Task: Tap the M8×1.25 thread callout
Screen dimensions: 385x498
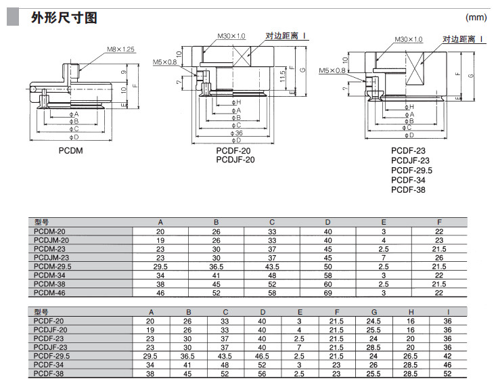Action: tap(121, 49)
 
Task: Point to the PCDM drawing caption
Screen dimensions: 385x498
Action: tap(70, 150)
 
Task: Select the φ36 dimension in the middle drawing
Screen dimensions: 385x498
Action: tap(237, 133)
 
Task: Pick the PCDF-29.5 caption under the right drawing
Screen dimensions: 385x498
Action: tap(411, 170)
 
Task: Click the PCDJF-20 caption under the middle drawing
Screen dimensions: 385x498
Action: tap(235, 160)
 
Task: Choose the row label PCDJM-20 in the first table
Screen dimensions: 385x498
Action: tap(52, 240)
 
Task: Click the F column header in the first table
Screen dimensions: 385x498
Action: tap(439, 222)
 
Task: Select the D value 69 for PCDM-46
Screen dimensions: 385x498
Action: tap(327, 292)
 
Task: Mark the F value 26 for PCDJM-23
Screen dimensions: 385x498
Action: tap(439, 257)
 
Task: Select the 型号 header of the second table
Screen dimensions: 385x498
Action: tap(42, 311)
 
